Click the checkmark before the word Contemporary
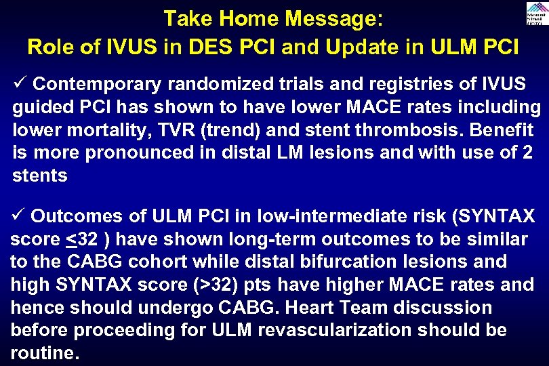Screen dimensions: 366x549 [19, 84]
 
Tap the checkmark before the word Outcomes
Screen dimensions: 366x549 [18, 216]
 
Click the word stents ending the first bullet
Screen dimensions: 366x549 [40, 176]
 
